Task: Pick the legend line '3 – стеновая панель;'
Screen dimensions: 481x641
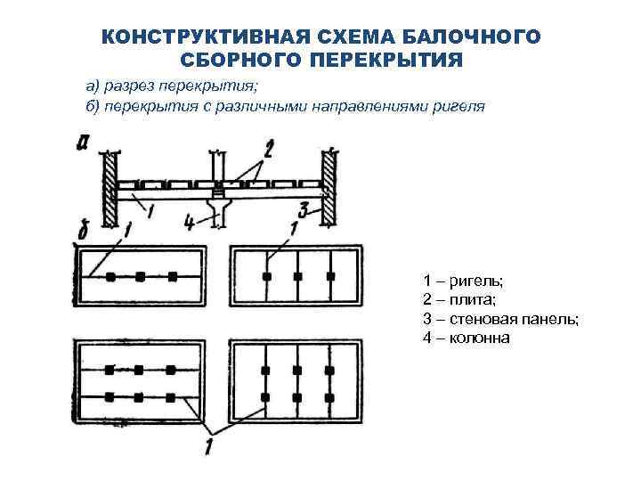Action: click(500, 319)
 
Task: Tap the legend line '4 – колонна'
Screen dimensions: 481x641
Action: click(467, 338)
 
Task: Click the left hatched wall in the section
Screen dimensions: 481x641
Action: click(109, 187)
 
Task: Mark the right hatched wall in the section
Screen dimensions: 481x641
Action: click(329, 187)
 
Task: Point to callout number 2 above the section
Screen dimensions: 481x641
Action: click(268, 146)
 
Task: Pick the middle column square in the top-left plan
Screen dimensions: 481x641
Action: click(140, 277)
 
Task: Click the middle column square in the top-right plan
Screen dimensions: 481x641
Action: click(297, 276)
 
